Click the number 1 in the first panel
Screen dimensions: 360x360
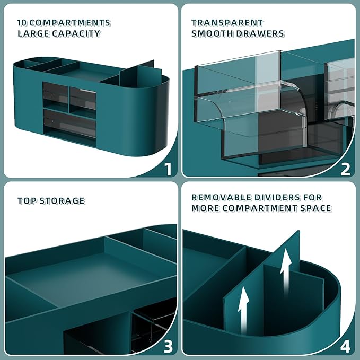[168, 169]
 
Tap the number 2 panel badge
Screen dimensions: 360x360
[346, 169]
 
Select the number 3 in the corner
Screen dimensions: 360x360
[168, 347]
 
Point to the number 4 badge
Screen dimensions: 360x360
[346, 347]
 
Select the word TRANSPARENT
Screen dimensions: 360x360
[227, 23]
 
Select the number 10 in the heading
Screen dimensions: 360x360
[22, 23]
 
